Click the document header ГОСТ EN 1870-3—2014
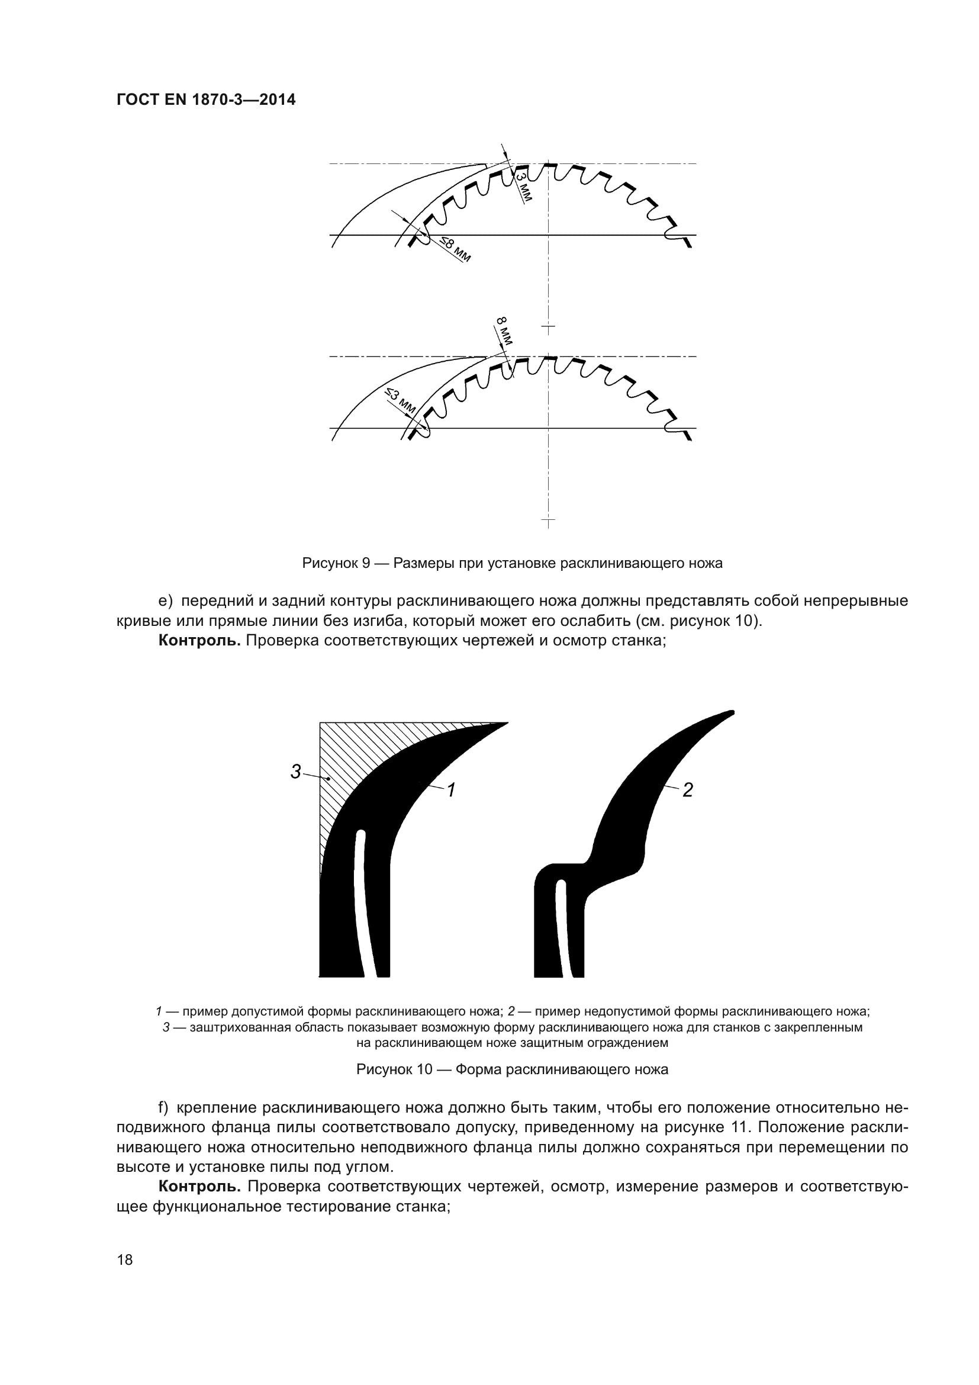click(205, 100)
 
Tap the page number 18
click(125, 1260)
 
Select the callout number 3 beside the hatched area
click(296, 771)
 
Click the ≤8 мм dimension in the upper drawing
click(455, 249)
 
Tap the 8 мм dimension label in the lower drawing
click(504, 330)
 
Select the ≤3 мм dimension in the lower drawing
click(400, 400)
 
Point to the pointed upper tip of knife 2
click(731, 713)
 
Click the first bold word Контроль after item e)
click(199, 641)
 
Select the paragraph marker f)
click(164, 1108)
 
